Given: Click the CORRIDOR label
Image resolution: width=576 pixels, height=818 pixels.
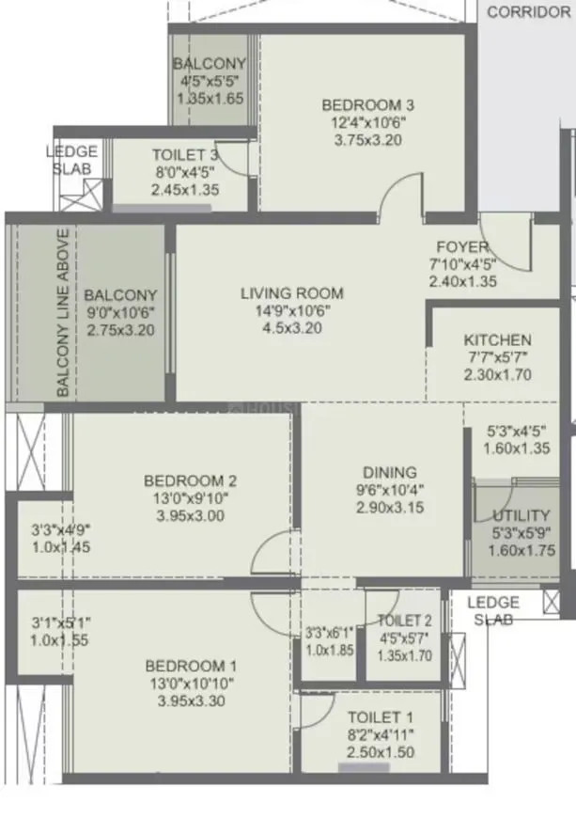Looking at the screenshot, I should (x=529, y=12).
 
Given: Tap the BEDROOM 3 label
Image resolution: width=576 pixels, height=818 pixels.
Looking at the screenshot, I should (x=367, y=105).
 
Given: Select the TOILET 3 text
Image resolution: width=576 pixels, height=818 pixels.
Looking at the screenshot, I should (x=185, y=155).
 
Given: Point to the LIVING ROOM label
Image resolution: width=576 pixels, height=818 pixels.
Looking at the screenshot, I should (x=292, y=293).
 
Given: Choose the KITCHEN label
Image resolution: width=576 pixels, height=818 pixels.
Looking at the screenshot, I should (x=497, y=340).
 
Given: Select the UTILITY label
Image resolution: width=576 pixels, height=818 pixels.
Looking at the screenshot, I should (x=522, y=515).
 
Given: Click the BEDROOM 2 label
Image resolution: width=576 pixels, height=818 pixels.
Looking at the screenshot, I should (x=184, y=480).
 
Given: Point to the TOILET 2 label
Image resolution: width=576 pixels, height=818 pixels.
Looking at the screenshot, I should (x=404, y=621).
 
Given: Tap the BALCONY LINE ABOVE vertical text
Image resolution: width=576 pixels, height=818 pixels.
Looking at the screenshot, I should (x=63, y=312).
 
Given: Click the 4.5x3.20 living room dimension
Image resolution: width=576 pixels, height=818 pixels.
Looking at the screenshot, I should (x=292, y=329).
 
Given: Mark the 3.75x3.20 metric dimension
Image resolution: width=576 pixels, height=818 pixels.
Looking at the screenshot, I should (x=367, y=140).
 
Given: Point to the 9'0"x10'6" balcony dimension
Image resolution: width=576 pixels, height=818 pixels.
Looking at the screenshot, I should (x=120, y=313).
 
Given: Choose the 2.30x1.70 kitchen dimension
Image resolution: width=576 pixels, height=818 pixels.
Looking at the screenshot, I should (x=497, y=374).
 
